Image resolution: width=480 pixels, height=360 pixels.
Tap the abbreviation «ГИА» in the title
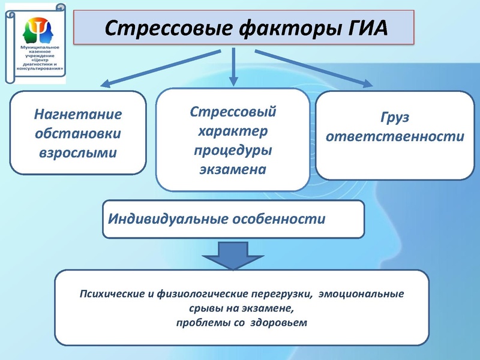pyautogui.click(x=361, y=28)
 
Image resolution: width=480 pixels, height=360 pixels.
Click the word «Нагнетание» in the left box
pyautogui.click(x=78, y=113)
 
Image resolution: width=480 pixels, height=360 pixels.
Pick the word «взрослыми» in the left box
pyautogui.click(x=78, y=152)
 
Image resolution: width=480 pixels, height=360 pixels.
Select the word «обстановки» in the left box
pyautogui.click(x=78, y=133)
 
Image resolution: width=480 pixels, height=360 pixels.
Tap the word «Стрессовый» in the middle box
pyautogui.click(x=233, y=112)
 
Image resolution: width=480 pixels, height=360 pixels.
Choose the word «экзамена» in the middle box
pyautogui.click(x=233, y=169)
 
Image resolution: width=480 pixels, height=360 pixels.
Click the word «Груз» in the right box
pyautogui.click(x=394, y=118)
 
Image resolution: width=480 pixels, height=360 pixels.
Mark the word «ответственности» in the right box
pyautogui.click(x=394, y=137)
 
